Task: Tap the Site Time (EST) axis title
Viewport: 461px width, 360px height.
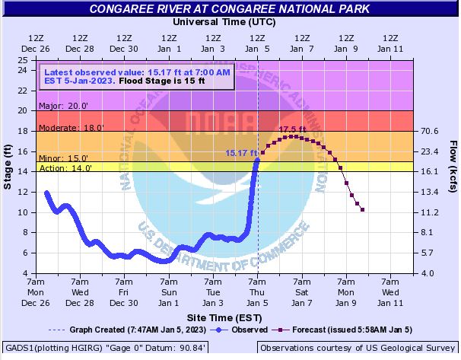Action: tap(221, 314)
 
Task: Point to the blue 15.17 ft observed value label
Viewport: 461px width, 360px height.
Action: tap(240, 153)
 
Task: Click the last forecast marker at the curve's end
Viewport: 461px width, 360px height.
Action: tap(363, 209)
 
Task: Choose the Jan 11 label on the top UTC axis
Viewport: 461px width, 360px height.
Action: tap(390, 48)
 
